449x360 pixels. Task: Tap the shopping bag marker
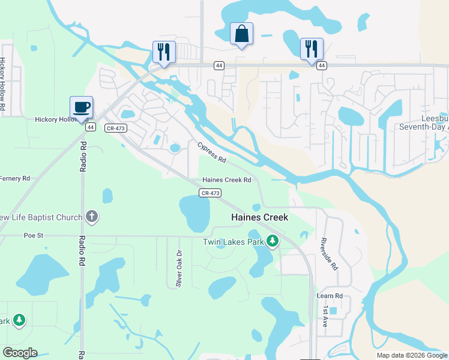(241, 34)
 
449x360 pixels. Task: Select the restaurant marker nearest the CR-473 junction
(164, 52)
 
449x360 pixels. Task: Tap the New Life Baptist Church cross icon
(92, 217)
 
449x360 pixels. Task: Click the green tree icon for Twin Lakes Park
(273, 241)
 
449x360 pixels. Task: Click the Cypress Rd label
(212, 152)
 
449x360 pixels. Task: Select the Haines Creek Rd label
(226, 179)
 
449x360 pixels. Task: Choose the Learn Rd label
(329, 296)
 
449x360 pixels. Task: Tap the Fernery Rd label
(14, 178)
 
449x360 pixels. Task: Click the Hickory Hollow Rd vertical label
(3, 83)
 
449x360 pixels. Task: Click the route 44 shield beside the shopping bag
(220, 65)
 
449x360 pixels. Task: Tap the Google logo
(20, 353)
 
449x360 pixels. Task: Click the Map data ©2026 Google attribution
(411, 355)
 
